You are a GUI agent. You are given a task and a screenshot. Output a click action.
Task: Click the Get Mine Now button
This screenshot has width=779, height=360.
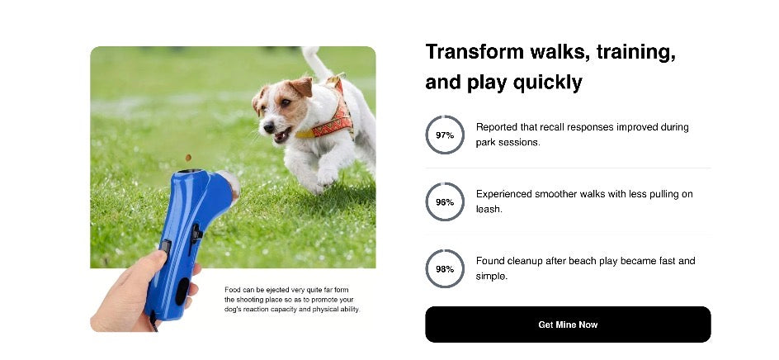click(x=568, y=324)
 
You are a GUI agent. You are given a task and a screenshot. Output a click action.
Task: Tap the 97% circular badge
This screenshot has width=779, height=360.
click(x=445, y=135)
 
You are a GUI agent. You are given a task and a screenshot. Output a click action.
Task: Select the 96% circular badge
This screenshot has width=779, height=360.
click(x=445, y=201)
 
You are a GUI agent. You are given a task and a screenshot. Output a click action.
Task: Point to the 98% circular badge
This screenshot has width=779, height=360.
click(x=445, y=268)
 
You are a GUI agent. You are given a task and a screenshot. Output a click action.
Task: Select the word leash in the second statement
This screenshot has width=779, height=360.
click(x=489, y=209)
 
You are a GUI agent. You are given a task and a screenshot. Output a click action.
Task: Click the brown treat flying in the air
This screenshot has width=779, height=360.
click(x=188, y=157)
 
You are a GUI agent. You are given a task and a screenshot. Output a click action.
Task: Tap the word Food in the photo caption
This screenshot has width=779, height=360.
click(x=233, y=290)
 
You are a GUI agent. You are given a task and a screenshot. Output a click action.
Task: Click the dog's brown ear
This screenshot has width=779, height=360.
click(x=302, y=86)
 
